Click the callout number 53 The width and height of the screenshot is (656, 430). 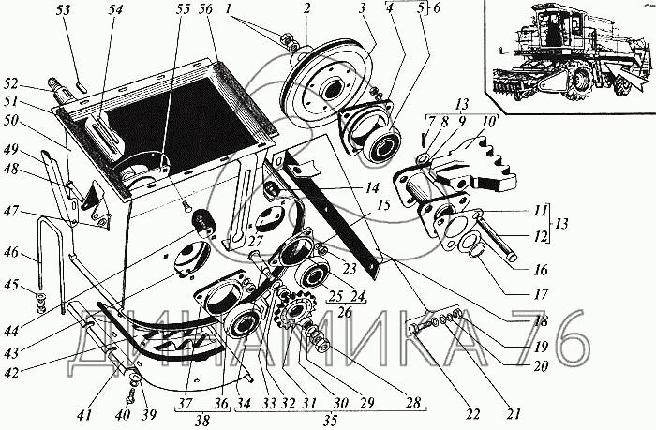pyautogui.click(x=64, y=9)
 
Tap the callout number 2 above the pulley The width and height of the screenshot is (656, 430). pyautogui.click(x=306, y=8)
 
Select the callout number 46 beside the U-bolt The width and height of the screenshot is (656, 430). pyautogui.click(x=11, y=253)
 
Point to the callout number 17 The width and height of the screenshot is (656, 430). pyautogui.click(x=541, y=293)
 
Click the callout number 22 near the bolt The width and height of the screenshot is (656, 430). pyautogui.click(x=472, y=414)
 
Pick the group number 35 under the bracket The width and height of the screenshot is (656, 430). pyautogui.click(x=330, y=420)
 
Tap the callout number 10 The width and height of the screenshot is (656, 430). pyautogui.click(x=487, y=123)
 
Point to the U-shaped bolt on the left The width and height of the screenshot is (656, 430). pyautogui.click(x=51, y=263)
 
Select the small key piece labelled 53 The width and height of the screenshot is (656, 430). pyautogui.click(x=82, y=87)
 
